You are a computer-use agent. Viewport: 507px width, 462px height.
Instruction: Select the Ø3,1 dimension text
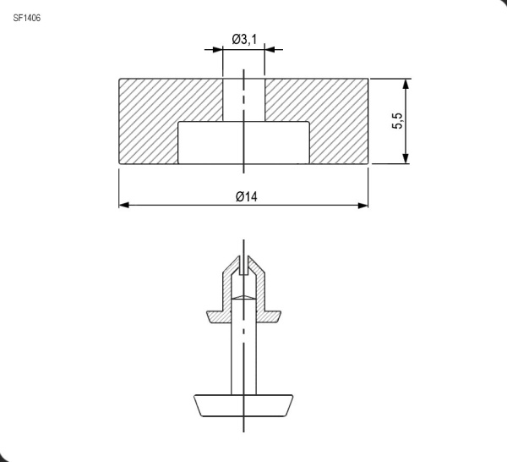click(244, 39)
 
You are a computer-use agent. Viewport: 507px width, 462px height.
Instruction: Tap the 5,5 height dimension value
click(397, 122)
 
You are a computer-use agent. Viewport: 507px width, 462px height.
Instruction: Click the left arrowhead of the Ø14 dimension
click(123, 205)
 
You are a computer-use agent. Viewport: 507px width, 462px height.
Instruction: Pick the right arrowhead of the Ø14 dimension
click(364, 205)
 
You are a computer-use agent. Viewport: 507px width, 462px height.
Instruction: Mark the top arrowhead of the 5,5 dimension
click(406, 85)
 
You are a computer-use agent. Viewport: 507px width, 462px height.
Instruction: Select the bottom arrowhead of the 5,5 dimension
click(406, 158)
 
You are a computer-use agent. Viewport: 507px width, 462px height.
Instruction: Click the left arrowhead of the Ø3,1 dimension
click(218, 49)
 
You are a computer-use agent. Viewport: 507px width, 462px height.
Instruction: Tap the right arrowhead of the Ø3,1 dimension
click(270, 49)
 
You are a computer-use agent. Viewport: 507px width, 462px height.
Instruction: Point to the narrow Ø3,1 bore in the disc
click(243, 100)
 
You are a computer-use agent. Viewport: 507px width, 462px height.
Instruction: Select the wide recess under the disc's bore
click(243, 142)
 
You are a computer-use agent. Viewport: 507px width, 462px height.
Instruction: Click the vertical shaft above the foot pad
click(243, 355)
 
